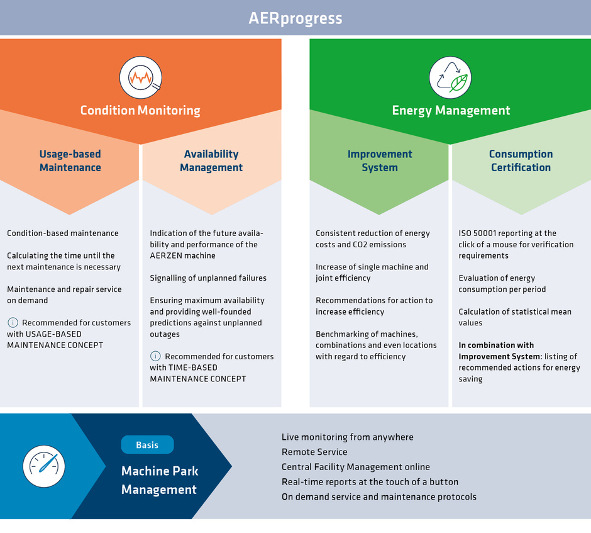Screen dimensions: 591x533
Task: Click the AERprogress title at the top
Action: pos(295,18)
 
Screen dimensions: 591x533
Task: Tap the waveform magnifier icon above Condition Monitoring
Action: pos(141,77)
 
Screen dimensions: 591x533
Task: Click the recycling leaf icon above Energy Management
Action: pos(450,77)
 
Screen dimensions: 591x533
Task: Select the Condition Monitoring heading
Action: pos(140,110)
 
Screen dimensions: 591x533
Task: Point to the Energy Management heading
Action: pos(451,110)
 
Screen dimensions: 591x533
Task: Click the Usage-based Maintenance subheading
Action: pos(70,160)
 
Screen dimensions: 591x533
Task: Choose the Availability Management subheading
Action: pos(211,160)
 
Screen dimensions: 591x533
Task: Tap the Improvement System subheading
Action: pos(380,160)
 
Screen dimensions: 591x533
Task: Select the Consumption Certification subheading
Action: pos(521,160)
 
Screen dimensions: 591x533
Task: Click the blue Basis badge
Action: pos(147,445)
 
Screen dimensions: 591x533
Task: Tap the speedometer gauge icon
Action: pos(44,466)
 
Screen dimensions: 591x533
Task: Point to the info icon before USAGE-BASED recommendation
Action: pos(13,323)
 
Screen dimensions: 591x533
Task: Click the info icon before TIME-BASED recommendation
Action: pos(155,356)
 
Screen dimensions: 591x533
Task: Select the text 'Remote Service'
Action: pos(314,452)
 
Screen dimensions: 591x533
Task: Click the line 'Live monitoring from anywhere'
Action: pos(348,437)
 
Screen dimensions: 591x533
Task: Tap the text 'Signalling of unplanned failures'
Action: pos(208,278)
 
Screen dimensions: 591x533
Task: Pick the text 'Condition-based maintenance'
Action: pos(63,233)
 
